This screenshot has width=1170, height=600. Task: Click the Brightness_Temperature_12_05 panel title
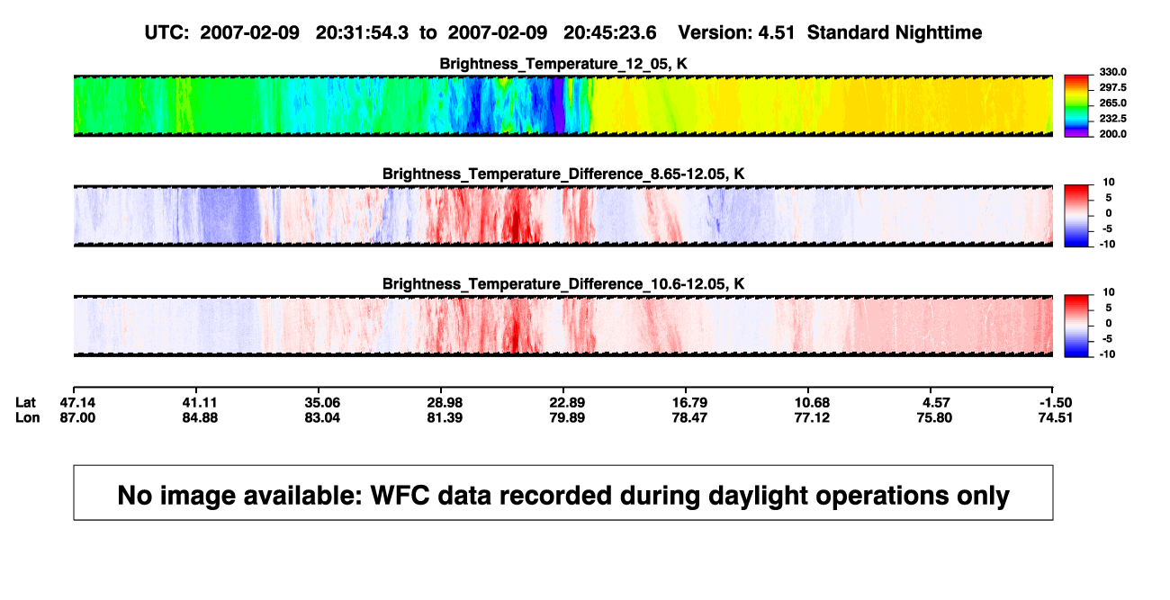(x=563, y=64)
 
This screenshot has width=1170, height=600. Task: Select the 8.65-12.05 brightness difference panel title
(x=563, y=174)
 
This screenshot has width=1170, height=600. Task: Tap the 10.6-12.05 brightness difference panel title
(x=563, y=284)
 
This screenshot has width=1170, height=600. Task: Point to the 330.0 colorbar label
(x=1112, y=72)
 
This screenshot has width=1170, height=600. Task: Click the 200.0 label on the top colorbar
(x=1112, y=134)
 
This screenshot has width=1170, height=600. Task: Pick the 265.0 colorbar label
(x=1112, y=103)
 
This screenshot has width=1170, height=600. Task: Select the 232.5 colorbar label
(x=1112, y=119)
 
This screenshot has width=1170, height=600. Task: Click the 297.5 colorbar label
(x=1112, y=87)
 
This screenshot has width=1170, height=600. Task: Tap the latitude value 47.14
(x=77, y=403)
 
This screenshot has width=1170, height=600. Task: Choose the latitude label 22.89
(x=567, y=403)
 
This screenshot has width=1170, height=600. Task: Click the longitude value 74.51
(x=1055, y=417)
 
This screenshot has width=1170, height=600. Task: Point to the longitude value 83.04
(x=322, y=417)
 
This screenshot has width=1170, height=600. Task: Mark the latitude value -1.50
(x=1055, y=403)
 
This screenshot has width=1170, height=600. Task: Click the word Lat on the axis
(x=25, y=403)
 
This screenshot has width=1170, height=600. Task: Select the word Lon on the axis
(x=28, y=417)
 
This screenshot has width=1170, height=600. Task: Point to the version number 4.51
(x=777, y=32)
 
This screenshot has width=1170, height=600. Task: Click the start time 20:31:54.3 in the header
(x=362, y=32)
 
